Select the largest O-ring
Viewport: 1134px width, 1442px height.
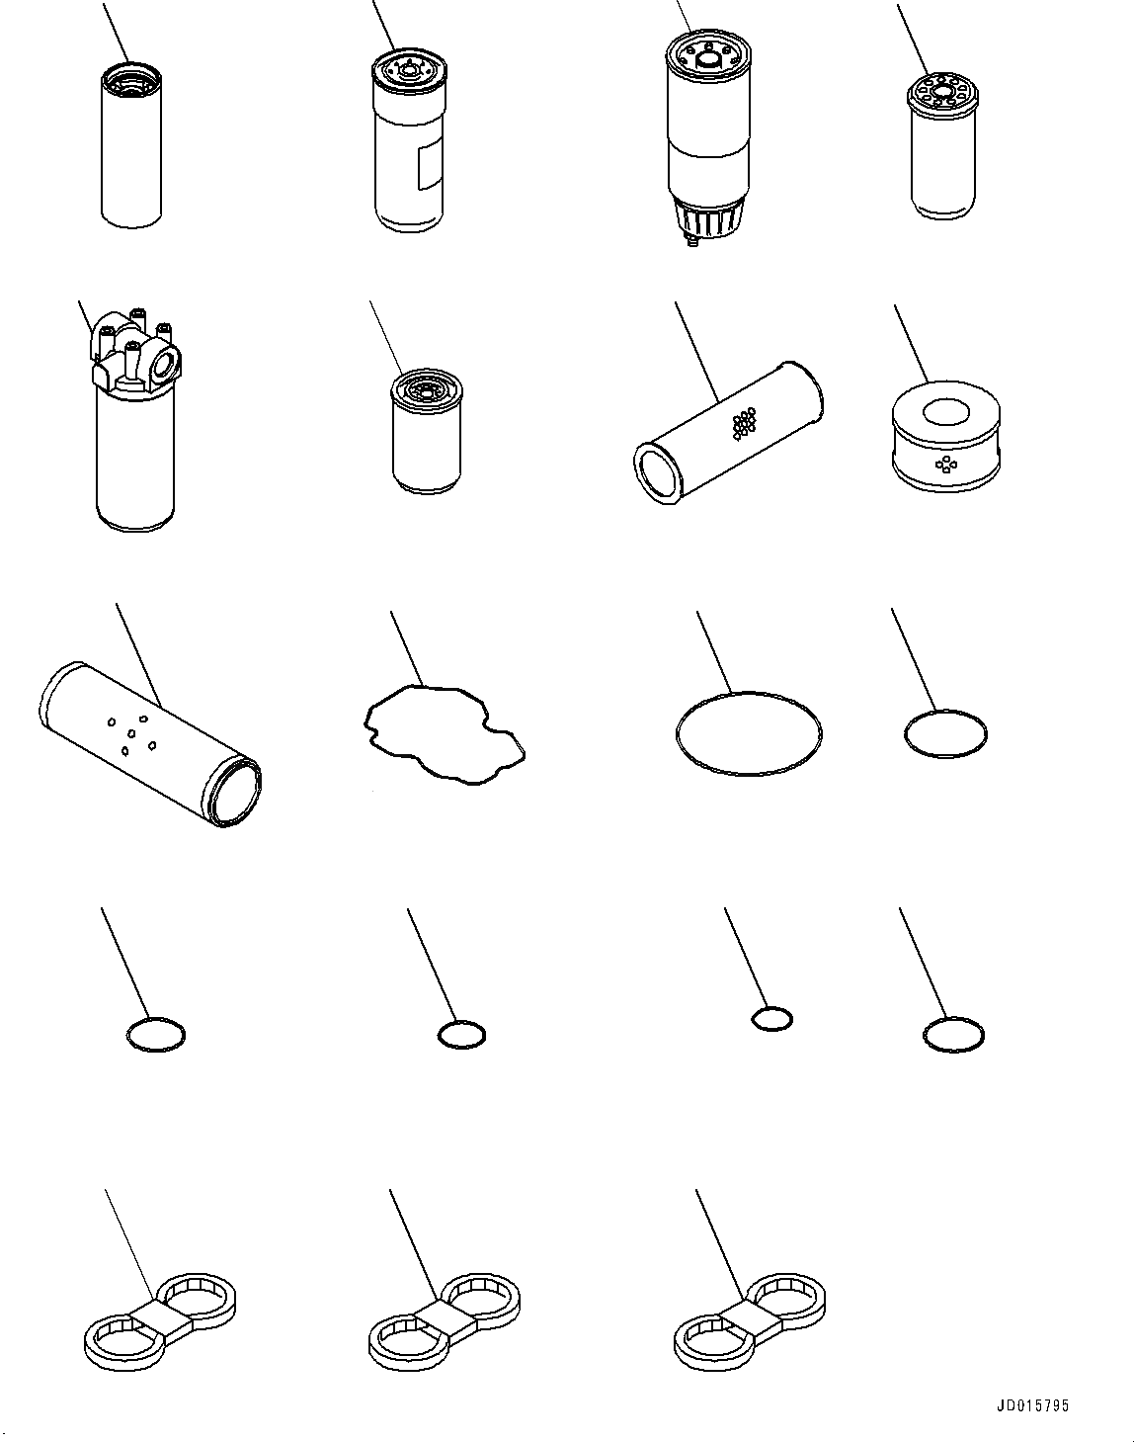(x=678, y=733)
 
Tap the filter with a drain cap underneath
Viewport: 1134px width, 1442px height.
(x=708, y=137)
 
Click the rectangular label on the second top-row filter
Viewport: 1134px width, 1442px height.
(x=430, y=165)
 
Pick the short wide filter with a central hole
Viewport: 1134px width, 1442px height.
(x=945, y=436)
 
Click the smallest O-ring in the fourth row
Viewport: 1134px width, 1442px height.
(x=752, y=1019)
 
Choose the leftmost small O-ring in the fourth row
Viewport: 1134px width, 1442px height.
(x=127, y=1035)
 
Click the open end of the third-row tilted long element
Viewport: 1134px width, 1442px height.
(x=235, y=792)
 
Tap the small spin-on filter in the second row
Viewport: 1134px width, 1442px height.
(x=426, y=431)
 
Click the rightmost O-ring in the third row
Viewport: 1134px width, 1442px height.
(x=905, y=733)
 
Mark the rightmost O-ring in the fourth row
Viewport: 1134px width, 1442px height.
(x=925, y=1035)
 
